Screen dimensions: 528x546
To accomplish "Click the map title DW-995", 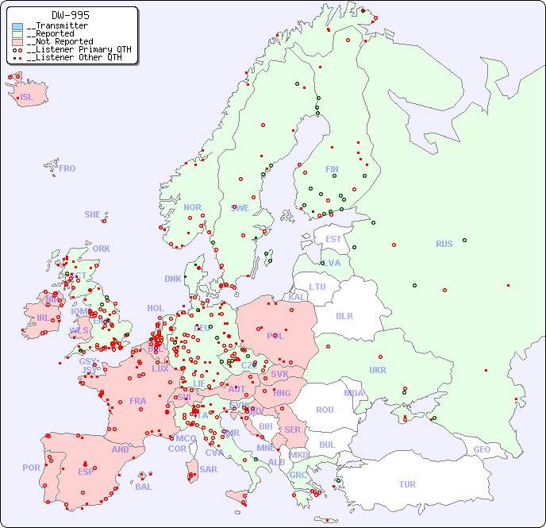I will point(71,15).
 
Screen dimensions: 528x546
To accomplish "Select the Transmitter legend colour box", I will point(17,26).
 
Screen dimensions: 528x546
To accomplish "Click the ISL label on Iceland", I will point(27,98).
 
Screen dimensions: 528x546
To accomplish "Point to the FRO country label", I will point(67,168).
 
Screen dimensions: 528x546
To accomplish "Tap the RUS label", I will point(444,244).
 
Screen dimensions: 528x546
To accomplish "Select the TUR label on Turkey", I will point(407,484).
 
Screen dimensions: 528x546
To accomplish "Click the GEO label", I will point(482,449).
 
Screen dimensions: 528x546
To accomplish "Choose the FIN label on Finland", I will point(332,169).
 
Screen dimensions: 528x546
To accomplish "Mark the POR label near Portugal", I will point(31,468).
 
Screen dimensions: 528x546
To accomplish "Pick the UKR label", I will point(378,370).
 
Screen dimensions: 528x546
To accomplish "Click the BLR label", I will point(344,316).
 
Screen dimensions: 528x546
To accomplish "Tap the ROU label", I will point(325,410).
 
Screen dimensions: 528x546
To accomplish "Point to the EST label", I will point(333,239).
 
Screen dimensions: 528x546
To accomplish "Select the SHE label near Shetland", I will point(93,214).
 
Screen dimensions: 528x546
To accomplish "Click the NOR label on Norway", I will point(192,207).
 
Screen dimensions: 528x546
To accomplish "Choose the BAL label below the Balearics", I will point(144,487).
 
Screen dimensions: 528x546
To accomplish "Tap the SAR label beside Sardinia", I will point(209,469).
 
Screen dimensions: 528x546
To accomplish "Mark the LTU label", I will point(317,287).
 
